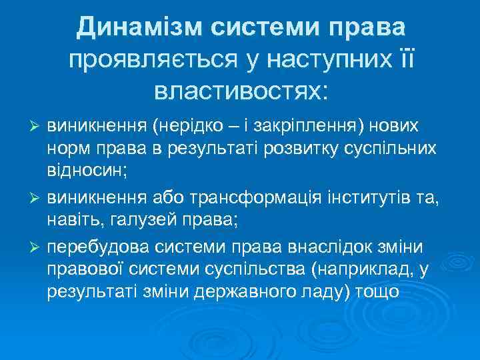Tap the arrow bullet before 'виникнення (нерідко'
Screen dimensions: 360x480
(38, 127)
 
